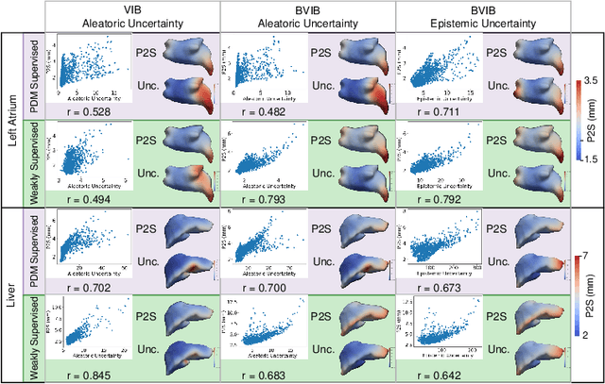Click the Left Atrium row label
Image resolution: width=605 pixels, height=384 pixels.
coord(12,122)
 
